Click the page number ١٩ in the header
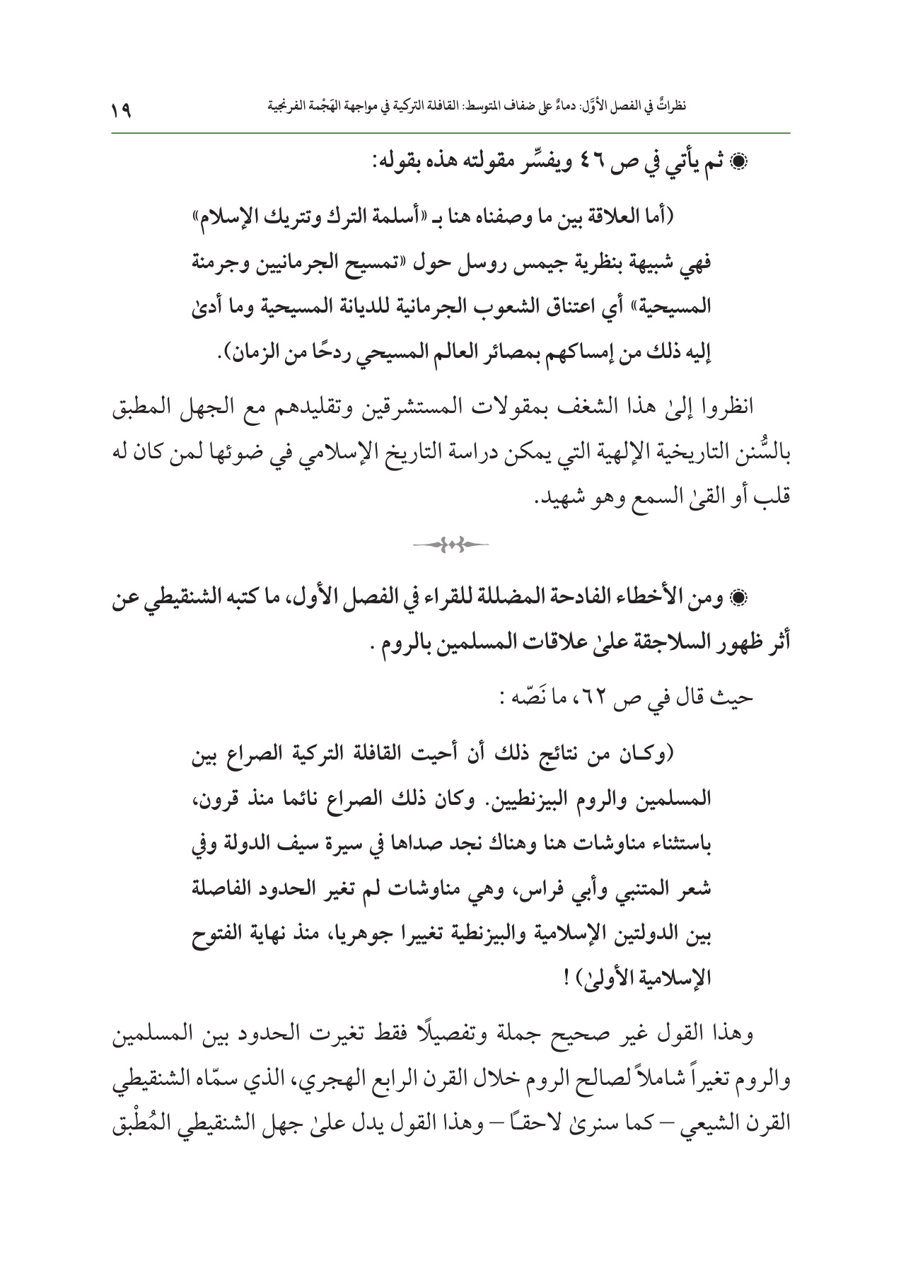coord(122,110)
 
